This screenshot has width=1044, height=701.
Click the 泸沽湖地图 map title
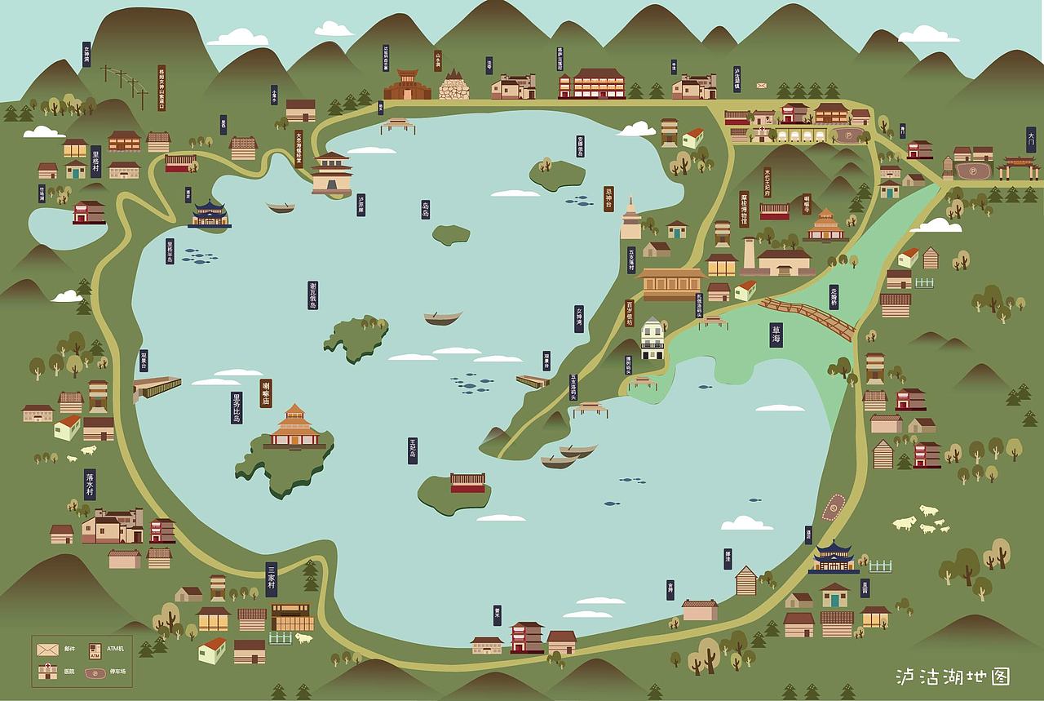coord(952,677)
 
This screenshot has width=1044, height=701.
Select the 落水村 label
coord(90,484)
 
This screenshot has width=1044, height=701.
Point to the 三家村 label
coord(272,579)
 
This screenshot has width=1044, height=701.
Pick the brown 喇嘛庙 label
coord(266,393)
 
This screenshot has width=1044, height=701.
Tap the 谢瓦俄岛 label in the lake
coord(312,295)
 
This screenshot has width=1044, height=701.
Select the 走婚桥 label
coord(834,296)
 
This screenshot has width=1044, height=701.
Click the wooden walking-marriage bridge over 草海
coord(807,317)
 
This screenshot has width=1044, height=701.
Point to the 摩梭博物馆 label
coord(744,209)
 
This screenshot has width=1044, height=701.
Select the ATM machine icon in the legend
coord(95,650)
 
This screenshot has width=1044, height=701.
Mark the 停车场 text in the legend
coord(118,672)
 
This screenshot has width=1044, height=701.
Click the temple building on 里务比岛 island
coord(294,428)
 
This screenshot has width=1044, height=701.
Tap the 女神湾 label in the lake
coord(579,318)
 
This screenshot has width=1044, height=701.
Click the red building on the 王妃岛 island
coord(467,483)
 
